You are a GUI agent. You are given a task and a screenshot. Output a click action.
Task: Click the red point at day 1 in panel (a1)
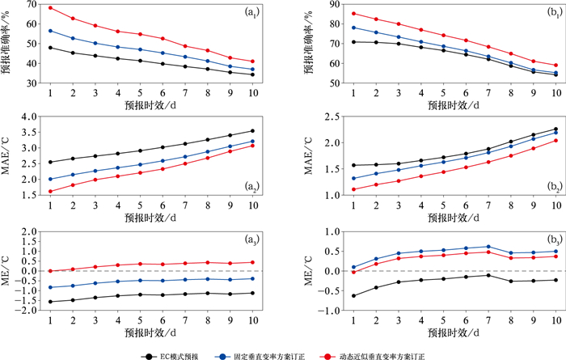coord(50,8)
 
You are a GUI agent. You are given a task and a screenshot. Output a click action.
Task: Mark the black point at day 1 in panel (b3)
coord(332,296)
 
